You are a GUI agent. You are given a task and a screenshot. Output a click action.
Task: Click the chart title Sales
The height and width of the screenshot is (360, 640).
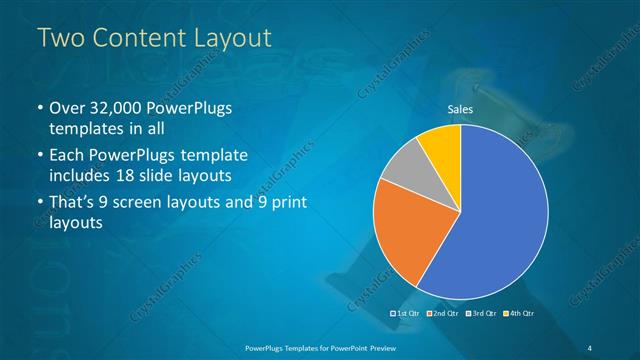[460, 110]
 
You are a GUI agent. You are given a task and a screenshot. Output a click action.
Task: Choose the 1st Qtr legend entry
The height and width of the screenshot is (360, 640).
[405, 314]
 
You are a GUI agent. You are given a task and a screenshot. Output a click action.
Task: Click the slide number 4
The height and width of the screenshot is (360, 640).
[590, 347]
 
